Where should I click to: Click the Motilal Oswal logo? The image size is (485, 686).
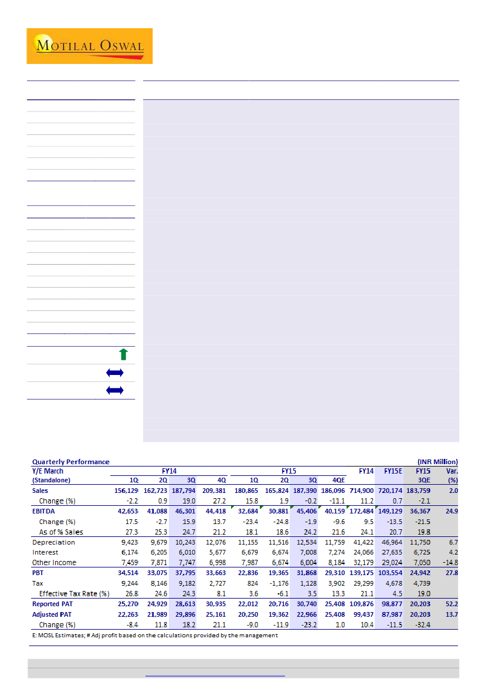(x=89, y=46)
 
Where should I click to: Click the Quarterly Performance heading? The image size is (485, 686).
(x=70, y=462)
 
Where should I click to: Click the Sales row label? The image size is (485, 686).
(x=40, y=491)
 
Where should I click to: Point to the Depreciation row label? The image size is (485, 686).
(x=53, y=542)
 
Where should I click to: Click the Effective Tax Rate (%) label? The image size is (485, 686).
(x=74, y=593)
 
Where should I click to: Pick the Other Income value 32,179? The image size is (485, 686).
(x=362, y=563)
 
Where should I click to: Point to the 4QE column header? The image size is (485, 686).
(x=338, y=480)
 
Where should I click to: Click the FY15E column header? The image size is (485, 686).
(x=392, y=471)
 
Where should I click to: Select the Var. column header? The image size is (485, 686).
(x=452, y=471)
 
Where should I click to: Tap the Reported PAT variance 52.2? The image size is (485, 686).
(x=452, y=603)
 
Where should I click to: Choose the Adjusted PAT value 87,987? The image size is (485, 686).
(x=390, y=614)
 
